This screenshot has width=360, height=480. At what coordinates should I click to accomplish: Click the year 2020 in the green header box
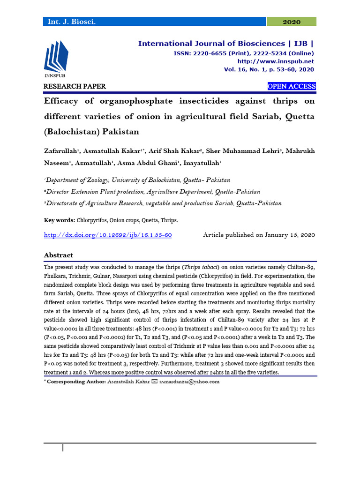pos(292,22)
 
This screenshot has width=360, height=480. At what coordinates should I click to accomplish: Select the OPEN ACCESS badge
pos(291,86)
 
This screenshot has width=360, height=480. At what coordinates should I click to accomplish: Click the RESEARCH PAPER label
pos(75,86)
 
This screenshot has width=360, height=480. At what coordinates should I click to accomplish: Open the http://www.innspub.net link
pos(276,61)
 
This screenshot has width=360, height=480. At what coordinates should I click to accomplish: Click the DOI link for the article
pos(107,235)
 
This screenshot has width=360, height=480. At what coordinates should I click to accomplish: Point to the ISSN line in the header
pos(237,53)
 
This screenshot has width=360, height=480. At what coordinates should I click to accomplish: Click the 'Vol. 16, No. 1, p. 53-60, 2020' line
pos(269,69)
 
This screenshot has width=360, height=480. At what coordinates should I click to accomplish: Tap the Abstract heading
pos(59,255)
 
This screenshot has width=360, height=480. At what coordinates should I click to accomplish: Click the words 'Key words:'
pos(59,219)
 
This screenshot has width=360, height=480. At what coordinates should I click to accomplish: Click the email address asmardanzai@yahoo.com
pos(190,382)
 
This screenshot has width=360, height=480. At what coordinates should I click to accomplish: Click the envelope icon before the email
pos(156,382)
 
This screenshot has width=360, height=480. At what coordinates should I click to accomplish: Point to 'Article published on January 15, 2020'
pos(259,235)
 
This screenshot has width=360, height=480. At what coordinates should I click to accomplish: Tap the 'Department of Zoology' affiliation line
pos(137,180)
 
